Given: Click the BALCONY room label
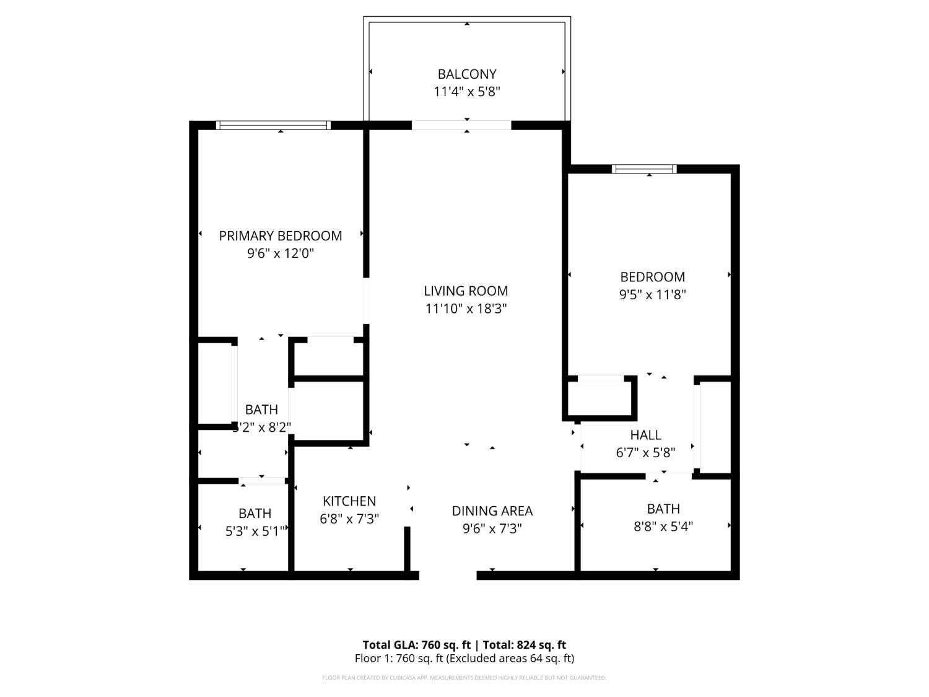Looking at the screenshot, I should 467,74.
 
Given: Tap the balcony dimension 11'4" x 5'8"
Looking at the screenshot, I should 467,92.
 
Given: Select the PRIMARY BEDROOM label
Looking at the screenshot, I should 281,236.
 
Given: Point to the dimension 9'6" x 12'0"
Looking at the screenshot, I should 281,253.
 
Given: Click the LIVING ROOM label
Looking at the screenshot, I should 466,291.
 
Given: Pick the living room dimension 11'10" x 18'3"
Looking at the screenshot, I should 466,309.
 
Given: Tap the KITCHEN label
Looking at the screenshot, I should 349,501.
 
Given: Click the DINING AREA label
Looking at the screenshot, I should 492,511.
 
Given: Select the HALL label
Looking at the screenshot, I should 646,435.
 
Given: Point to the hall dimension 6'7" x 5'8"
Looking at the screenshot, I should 646,453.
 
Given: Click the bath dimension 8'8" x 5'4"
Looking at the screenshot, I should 663,527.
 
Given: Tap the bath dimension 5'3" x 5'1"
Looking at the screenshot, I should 255,531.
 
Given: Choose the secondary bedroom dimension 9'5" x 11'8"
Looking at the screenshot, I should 653,295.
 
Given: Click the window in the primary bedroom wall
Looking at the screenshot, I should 273,125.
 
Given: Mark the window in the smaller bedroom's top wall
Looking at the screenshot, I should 644,169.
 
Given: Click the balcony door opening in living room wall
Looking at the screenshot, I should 461,125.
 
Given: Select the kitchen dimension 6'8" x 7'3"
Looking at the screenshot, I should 349,519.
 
